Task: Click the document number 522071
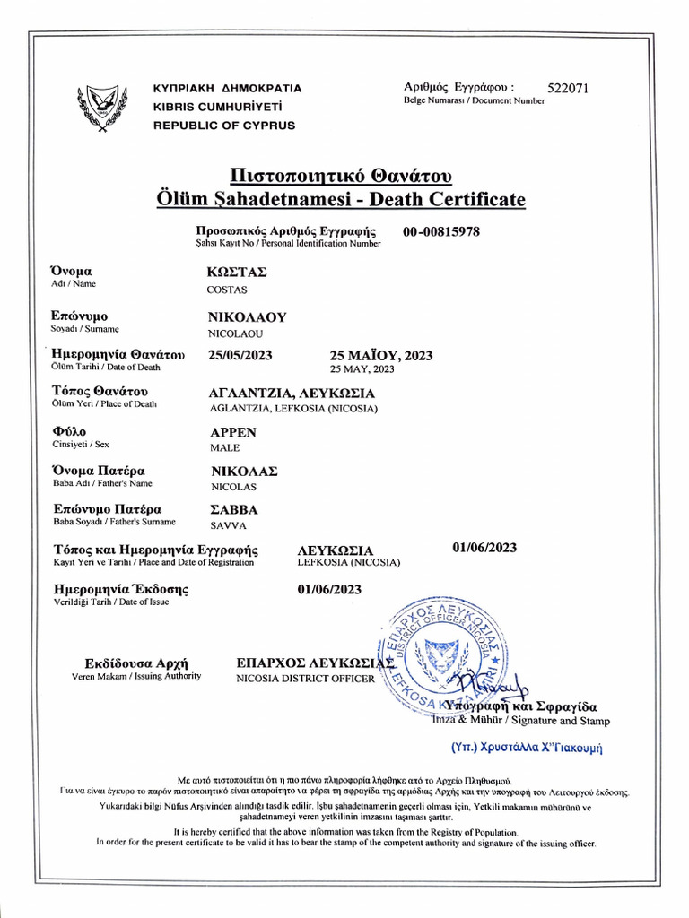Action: point(568,88)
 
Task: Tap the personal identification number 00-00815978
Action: point(441,231)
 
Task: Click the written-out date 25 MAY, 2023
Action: point(362,368)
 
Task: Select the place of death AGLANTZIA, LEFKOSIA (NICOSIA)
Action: point(292,409)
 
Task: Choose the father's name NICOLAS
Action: point(232,487)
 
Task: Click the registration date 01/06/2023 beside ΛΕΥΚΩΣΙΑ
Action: point(484,548)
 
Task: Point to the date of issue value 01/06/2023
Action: point(329,589)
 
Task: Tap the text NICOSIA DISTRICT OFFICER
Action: point(305,679)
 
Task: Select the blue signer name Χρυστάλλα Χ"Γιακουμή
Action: point(525,746)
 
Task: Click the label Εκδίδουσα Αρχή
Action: point(136,663)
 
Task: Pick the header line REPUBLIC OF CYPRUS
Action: point(224,126)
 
